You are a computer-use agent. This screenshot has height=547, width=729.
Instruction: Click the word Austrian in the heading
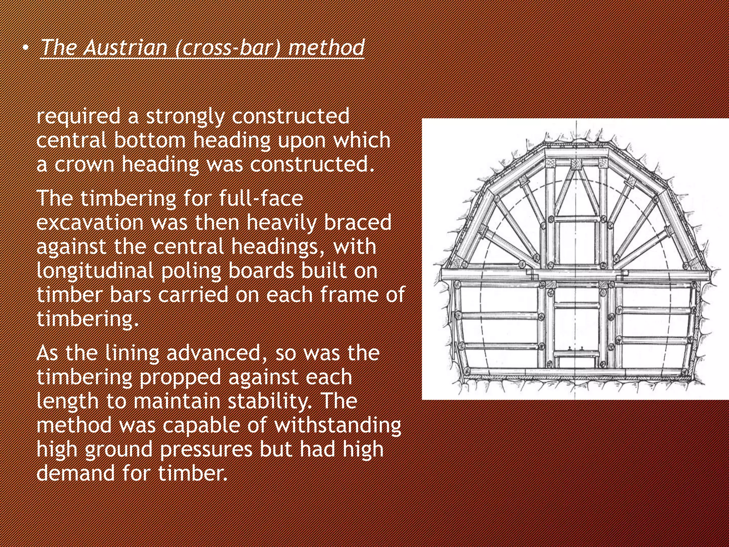pos(125,47)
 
